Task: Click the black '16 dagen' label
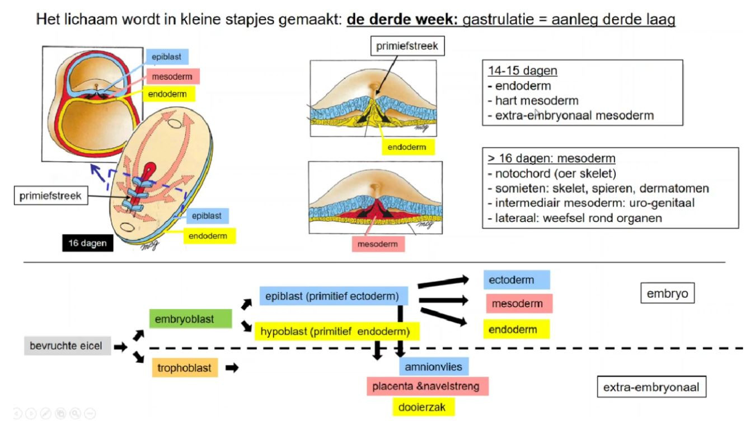pos(88,244)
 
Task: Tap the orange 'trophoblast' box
pos(185,368)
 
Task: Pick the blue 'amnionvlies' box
pos(434,367)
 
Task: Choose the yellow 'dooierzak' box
pos(422,407)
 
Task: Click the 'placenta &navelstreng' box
pos(427,386)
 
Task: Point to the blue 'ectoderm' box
pos(516,280)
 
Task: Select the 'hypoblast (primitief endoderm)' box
pos(336,331)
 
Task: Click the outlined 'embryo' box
pos(667,293)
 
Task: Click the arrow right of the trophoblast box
pos(232,368)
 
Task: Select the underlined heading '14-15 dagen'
pos(522,71)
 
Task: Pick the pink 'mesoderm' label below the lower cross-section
pos(378,244)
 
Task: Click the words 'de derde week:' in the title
pos(402,20)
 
